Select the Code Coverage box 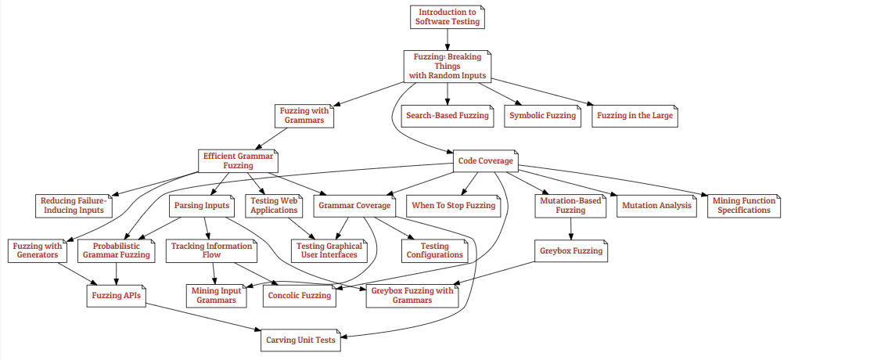tap(485, 161)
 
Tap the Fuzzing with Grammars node tap(304, 116)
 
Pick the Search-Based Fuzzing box tap(448, 116)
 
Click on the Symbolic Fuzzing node tap(542, 116)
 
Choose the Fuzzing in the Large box tap(635, 116)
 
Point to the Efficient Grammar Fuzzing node tap(238, 161)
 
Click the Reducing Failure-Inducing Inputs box tap(74, 206)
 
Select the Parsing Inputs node tap(201, 206)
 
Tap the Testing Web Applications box tap(274, 206)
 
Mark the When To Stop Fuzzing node tap(454, 206)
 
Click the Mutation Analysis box tap(656, 206)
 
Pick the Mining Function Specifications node tap(744, 206)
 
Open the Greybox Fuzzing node tap(571, 251)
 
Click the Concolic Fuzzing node tap(300, 296)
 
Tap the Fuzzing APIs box tap(116, 296)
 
